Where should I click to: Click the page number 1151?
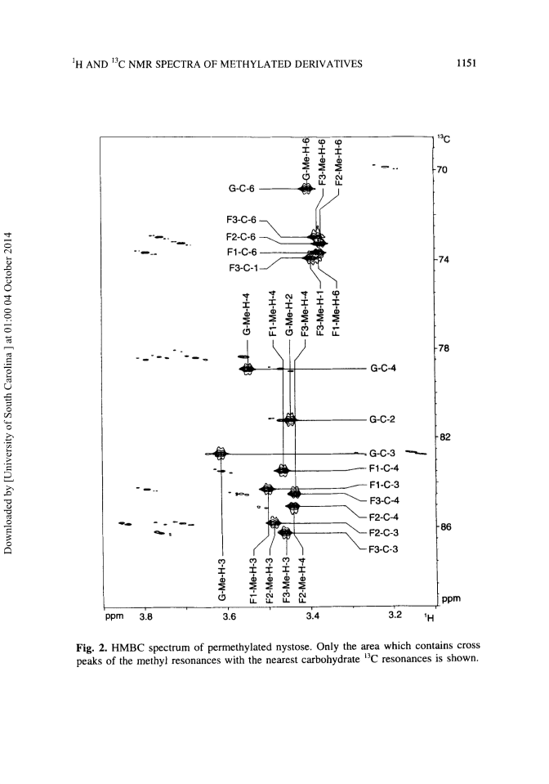coord(466,63)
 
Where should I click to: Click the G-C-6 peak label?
coord(241,189)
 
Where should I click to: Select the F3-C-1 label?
coord(243,268)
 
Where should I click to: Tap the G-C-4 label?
coord(383,369)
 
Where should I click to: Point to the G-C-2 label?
coord(382,419)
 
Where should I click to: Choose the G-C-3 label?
coord(382,454)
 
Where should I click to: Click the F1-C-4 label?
coord(384,468)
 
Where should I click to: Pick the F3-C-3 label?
coord(383,549)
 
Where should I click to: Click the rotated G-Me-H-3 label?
coord(222,580)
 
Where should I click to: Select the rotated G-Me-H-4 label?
coord(246,315)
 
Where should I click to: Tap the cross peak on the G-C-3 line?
coord(219,453)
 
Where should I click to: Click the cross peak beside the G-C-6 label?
coord(306,189)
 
